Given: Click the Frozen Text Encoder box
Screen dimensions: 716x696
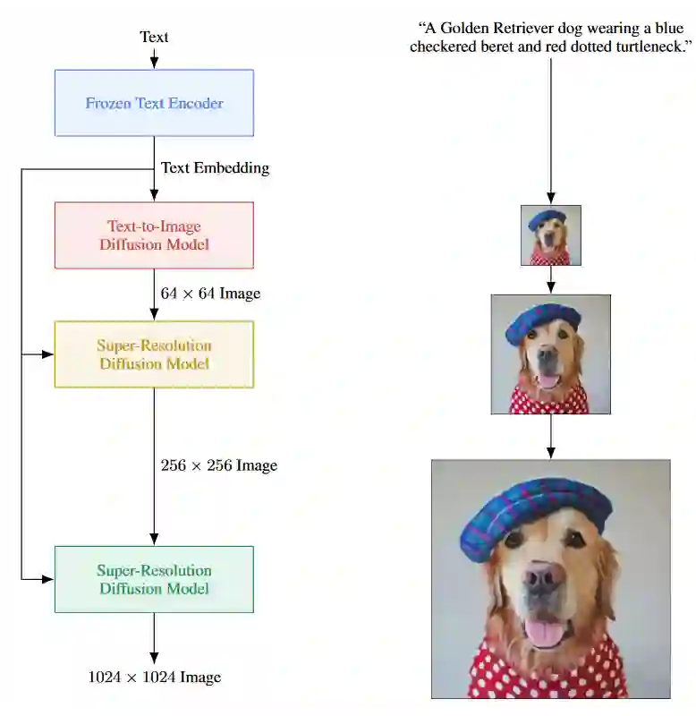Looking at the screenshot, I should pyautogui.click(x=154, y=103).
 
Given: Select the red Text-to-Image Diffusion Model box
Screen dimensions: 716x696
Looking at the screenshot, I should pyautogui.click(x=154, y=235).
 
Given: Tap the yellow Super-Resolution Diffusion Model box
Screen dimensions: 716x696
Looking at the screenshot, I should pyautogui.click(x=154, y=354).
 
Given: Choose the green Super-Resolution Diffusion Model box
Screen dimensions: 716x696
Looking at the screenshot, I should pyautogui.click(x=154, y=579).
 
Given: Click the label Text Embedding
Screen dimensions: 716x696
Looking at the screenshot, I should pyautogui.click(x=215, y=167).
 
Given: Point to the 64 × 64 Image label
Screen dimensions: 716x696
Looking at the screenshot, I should pyautogui.click(x=210, y=294).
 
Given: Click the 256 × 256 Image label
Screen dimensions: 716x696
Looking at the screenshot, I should pyautogui.click(x=219, y=465).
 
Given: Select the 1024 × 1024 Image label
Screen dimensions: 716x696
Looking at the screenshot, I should pyautogui.click(x=154, y=678).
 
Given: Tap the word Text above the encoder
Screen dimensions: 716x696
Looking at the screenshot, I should pyautogui.click(x=154, y=37).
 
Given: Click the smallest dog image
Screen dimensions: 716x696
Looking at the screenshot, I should pyautogui.click(x=551, y=235).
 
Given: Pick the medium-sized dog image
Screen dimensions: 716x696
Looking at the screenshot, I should pyautogui.click(x=551, y=354).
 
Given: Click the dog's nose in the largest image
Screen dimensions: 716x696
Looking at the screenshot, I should pyautogui.click(x=545, y=577).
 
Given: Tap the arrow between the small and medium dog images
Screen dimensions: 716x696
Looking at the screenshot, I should pyautogui.click(x=551, y=280).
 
